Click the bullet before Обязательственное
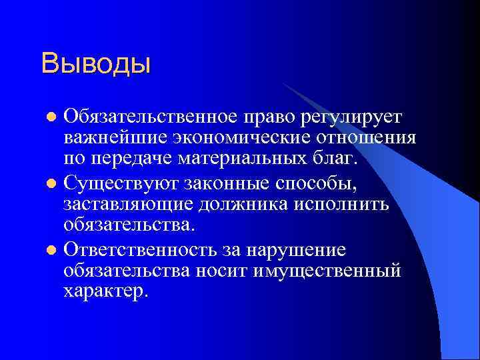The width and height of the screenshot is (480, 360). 53,119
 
